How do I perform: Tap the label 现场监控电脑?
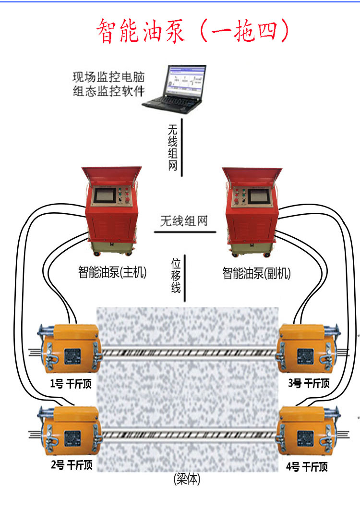tap(108, 77)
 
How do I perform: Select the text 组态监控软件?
tap(108, 90)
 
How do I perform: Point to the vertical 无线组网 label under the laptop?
tap(173, 147)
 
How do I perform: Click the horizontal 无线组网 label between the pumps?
tap(184, 221)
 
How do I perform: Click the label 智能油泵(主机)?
tap(112, 273)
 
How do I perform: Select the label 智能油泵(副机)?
tap(256, 273)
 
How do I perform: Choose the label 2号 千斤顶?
tap(72, 465)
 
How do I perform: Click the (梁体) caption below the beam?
tap(187, 479)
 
